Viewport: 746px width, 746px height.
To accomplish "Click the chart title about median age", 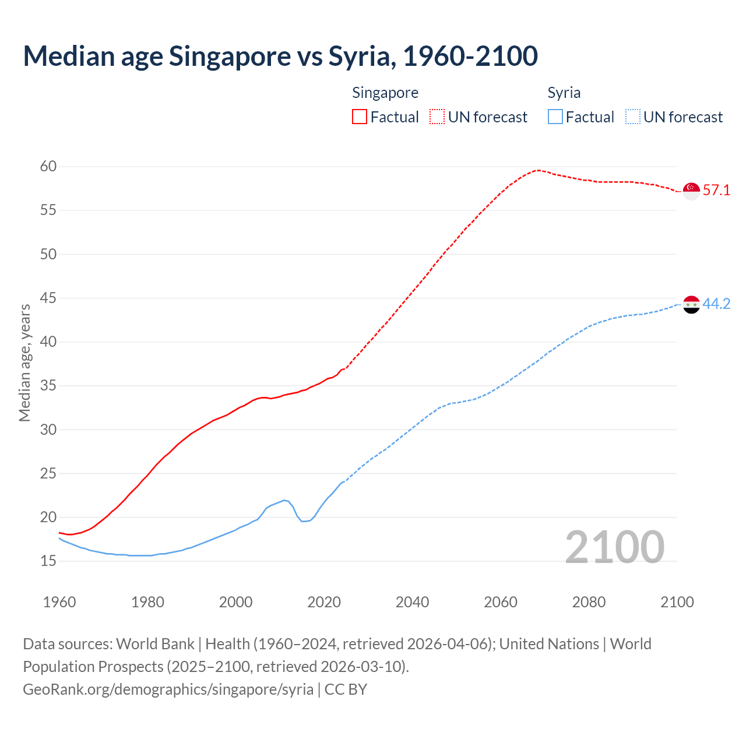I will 280,56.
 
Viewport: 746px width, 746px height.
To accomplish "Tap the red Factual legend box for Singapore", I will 360,117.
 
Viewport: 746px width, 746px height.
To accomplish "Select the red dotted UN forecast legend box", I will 437,117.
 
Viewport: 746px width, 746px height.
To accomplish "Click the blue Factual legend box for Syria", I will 555,117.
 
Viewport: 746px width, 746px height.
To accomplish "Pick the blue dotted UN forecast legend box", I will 632,117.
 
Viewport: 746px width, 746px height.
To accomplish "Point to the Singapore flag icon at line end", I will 691,191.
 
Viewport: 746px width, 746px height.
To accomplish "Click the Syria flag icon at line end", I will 691,304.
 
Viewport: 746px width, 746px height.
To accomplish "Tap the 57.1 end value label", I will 716,191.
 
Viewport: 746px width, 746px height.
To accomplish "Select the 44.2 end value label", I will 716,304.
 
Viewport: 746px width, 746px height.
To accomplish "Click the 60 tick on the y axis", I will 48,167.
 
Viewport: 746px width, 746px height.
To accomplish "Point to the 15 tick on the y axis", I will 48,561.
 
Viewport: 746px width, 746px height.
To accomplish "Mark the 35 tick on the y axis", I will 48,386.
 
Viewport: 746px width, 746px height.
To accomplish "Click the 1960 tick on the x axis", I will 59,602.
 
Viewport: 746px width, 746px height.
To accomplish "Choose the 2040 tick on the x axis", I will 412,602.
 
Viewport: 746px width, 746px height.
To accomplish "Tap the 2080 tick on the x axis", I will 589,602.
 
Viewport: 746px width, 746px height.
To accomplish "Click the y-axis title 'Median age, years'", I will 24,363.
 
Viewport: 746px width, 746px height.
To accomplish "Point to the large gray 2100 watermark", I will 615,547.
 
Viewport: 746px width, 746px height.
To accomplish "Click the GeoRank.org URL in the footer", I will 168,689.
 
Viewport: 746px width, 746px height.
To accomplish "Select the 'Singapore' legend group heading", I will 385,93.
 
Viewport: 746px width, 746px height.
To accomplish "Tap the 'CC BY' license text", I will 346,689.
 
